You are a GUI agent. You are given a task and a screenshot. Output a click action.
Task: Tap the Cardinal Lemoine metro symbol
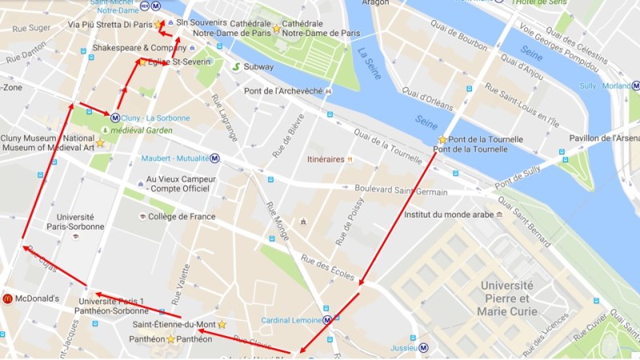[328, 321]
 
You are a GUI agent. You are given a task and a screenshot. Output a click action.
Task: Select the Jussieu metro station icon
[424, 348]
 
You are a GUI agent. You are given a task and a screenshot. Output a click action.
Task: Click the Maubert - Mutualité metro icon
[215, 158]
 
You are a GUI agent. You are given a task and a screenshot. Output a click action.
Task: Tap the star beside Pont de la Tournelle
[442, 139]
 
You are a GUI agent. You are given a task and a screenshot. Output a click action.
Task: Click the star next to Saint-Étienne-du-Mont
[222, 324]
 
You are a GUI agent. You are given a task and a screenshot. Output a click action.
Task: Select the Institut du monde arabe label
[448, 214]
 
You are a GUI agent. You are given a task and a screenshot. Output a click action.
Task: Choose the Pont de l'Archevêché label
[277, 91]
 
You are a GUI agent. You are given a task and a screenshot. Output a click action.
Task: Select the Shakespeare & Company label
[134, 48]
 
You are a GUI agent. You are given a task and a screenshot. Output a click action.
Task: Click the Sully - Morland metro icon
[635, 86]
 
